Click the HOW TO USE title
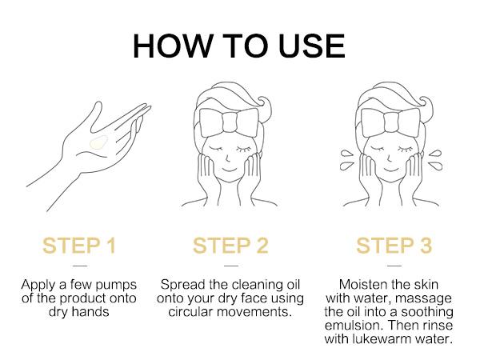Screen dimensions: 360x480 [238, 46]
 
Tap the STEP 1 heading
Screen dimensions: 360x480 [79, 246]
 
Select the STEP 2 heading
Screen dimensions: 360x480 [232, 246]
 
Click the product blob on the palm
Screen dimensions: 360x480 [98, 143]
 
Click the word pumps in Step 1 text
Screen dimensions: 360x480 [116, 286]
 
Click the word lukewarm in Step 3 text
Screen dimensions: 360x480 [406, 338]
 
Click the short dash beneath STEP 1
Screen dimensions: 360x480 [79, 266]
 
